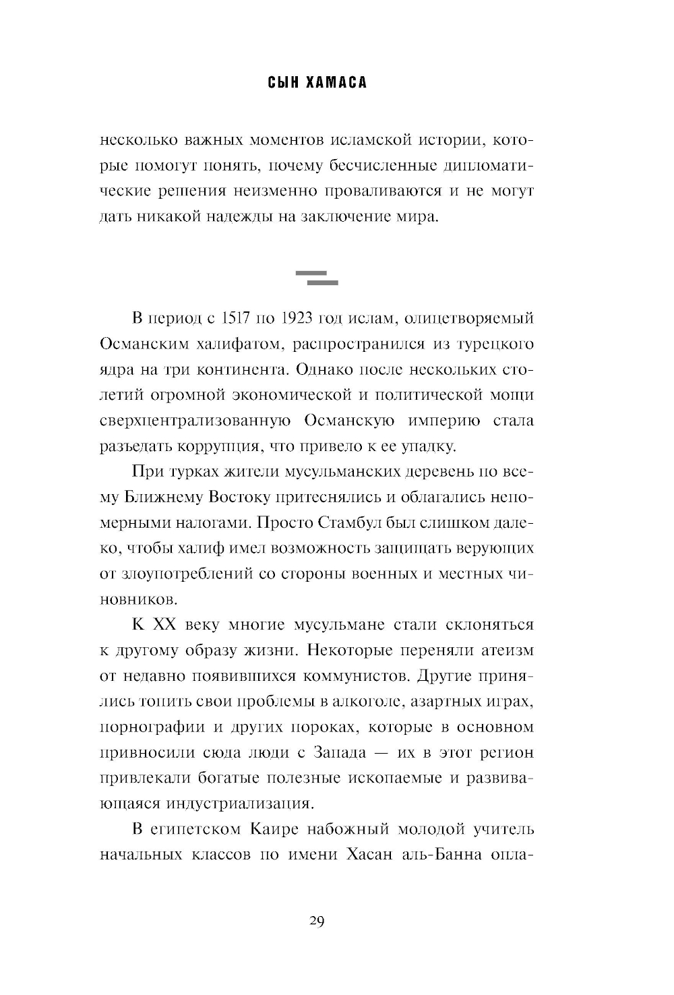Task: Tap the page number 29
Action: click(317, 921)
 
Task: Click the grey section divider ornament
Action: click(317, 277)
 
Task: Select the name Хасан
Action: click(369, 854)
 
